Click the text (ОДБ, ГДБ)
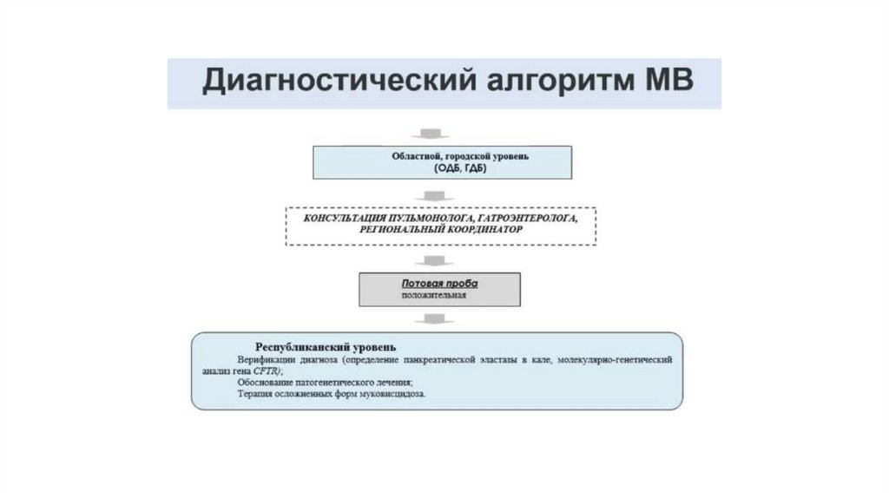[x=443, y=169]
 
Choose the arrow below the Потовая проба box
[x=431, y=319]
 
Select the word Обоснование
[x=263, y=382]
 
